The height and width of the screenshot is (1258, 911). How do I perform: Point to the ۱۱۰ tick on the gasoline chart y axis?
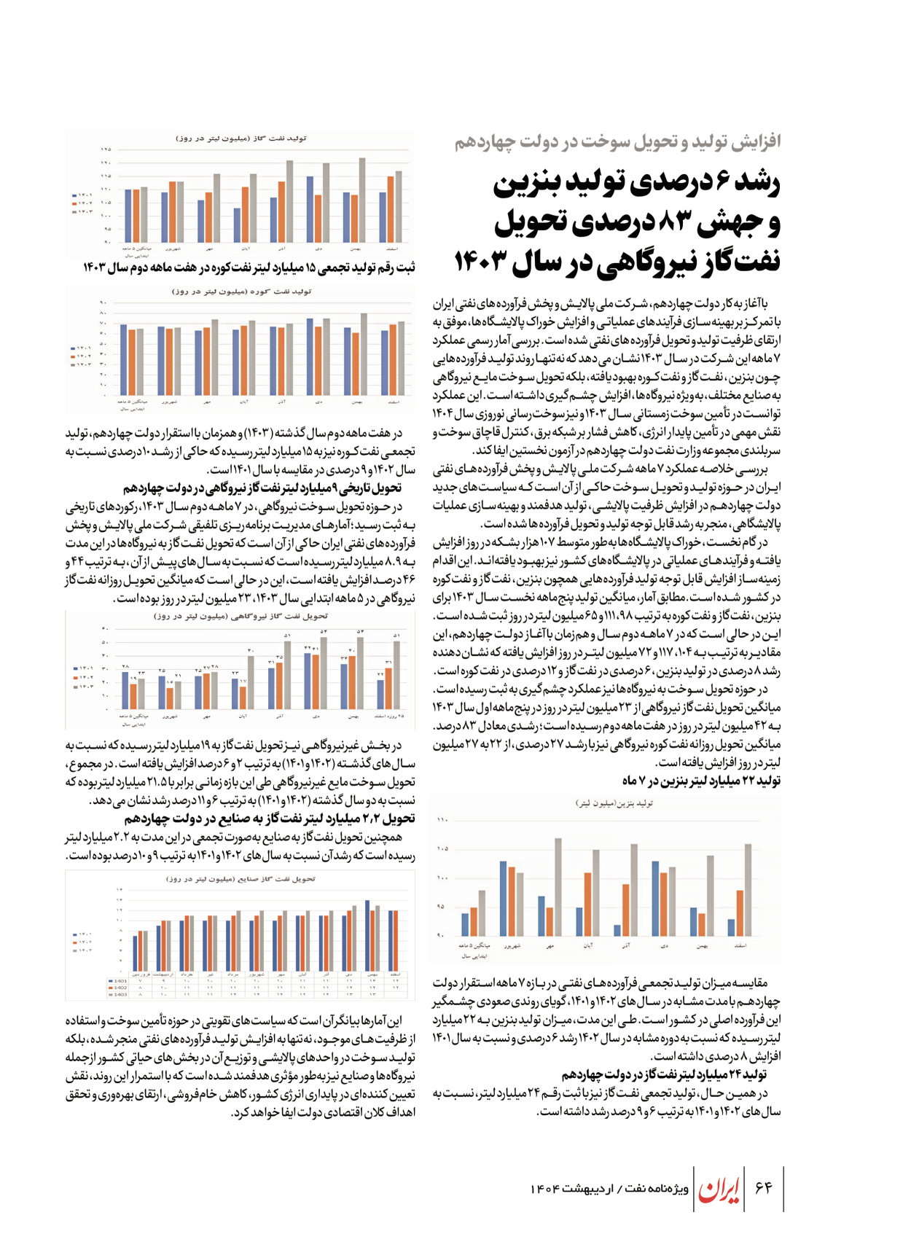tap(442, 820)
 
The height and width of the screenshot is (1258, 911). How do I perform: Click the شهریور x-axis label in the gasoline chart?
tap(512, 946)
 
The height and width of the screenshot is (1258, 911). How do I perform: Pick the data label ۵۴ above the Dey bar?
tap(324, 632)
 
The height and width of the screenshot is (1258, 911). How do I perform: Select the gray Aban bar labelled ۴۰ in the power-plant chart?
tap(251, 682)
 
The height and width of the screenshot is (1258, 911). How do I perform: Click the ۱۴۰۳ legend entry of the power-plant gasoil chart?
tap(83, 686)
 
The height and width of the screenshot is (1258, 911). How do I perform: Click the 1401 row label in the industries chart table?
tap(118, 981)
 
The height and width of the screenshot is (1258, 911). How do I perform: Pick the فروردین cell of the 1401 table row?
tap(141, 981)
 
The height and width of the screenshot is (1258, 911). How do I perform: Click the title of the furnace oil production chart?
tap(241, 292)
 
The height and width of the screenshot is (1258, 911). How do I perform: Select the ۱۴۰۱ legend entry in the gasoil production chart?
tap(83, 195)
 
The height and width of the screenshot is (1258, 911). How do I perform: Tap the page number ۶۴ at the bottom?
tap(763, 1188)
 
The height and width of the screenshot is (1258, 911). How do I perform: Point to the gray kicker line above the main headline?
tap(617, 141)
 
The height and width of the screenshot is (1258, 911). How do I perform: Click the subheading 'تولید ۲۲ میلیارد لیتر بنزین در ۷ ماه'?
tap(701, 781)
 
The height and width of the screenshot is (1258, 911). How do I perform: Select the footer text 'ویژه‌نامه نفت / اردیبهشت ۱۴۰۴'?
tap(609, 1189)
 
